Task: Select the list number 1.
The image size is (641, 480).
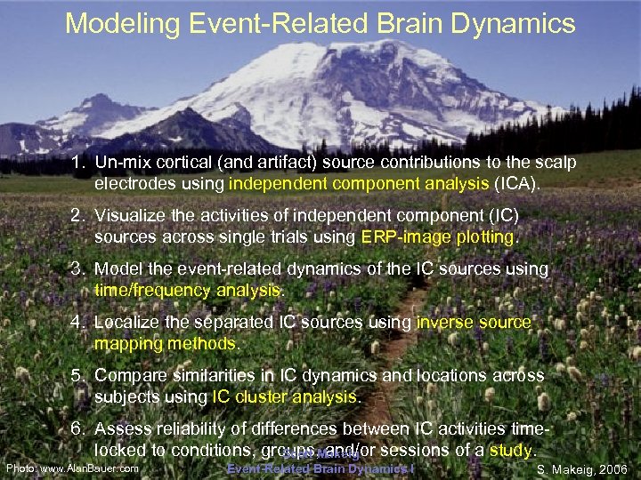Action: click(x=79, y=164)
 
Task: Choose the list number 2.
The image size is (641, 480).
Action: click(x=79, y=216)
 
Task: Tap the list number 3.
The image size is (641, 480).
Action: click(x=79, y=269)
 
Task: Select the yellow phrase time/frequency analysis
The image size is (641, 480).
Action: click(x=188, y=290)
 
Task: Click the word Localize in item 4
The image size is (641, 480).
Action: click(x=126, y=322)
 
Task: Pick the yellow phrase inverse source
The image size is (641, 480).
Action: click(x=474, y=322)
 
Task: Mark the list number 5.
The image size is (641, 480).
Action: click(x=79, y=375)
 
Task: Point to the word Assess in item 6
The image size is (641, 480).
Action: click(x=121, y=428)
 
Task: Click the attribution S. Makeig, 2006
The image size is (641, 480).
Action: click(x=582, y=468)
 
